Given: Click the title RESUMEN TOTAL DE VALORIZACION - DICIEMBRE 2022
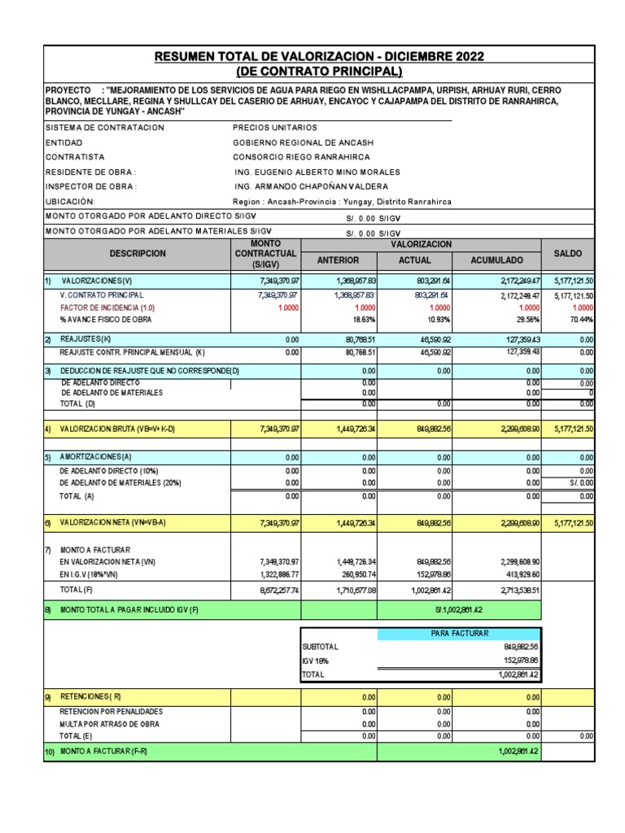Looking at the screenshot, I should pyautogui.click(x=319, y=56).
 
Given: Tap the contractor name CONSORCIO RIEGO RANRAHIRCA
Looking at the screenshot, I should pyautogui.click(x=301, y=157).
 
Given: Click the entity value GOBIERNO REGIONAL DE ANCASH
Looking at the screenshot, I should pyautogui.click(x=304, y=142).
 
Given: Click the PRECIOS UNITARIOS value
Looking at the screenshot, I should pyautogui.click(x=275, y=128).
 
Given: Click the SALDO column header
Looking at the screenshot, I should pyautogui.click(x=568, y=254).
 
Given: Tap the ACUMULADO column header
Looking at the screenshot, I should pyautogui.click(x=497, y=260).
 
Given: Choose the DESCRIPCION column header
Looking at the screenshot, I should pyautogui.click(x=138, y=254).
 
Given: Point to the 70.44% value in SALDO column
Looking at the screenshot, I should pyautogui.click(x=581, y=321).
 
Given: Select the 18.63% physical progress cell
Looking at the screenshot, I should pyautogui.click(x=363, y=321).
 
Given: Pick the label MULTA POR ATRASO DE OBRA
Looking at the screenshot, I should pyautogui.click(x=110, y=724).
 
